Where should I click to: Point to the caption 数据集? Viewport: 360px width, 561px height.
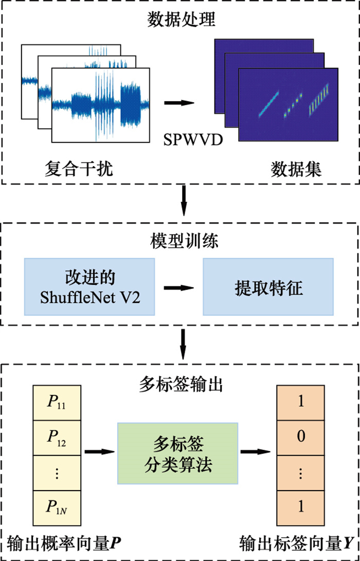(x=297, y=168)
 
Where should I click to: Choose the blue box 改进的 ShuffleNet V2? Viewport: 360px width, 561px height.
(x=89, y=287)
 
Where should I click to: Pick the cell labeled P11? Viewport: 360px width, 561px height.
(x=58, y=403)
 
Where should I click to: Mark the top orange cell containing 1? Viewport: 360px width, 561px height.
(x=301, y=403)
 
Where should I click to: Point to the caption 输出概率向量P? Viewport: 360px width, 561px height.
(x=65, y=543)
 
